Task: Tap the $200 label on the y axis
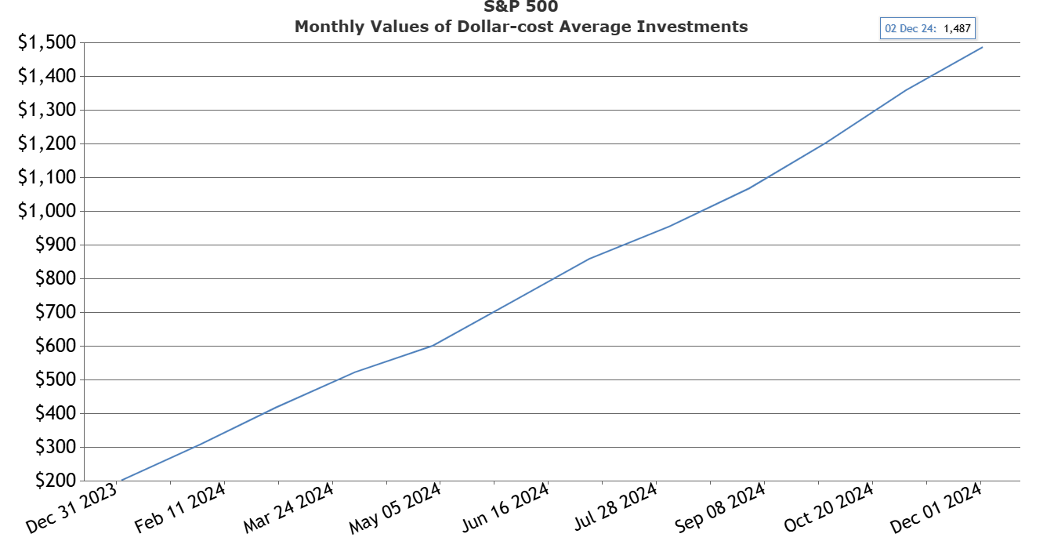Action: coord(57,481)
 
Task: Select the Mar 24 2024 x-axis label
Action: coord(289,508)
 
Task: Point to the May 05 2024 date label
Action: coord(397,508)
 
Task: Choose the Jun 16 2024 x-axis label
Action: coord(505,508)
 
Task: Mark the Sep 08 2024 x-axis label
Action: coord(721,508)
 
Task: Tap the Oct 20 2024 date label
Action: coord(829,508)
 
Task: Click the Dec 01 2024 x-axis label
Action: coord(937,508)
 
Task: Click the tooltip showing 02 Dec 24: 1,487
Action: coord(928,28)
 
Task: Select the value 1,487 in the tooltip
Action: coord(956,28)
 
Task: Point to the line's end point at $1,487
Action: coord(982,47)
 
